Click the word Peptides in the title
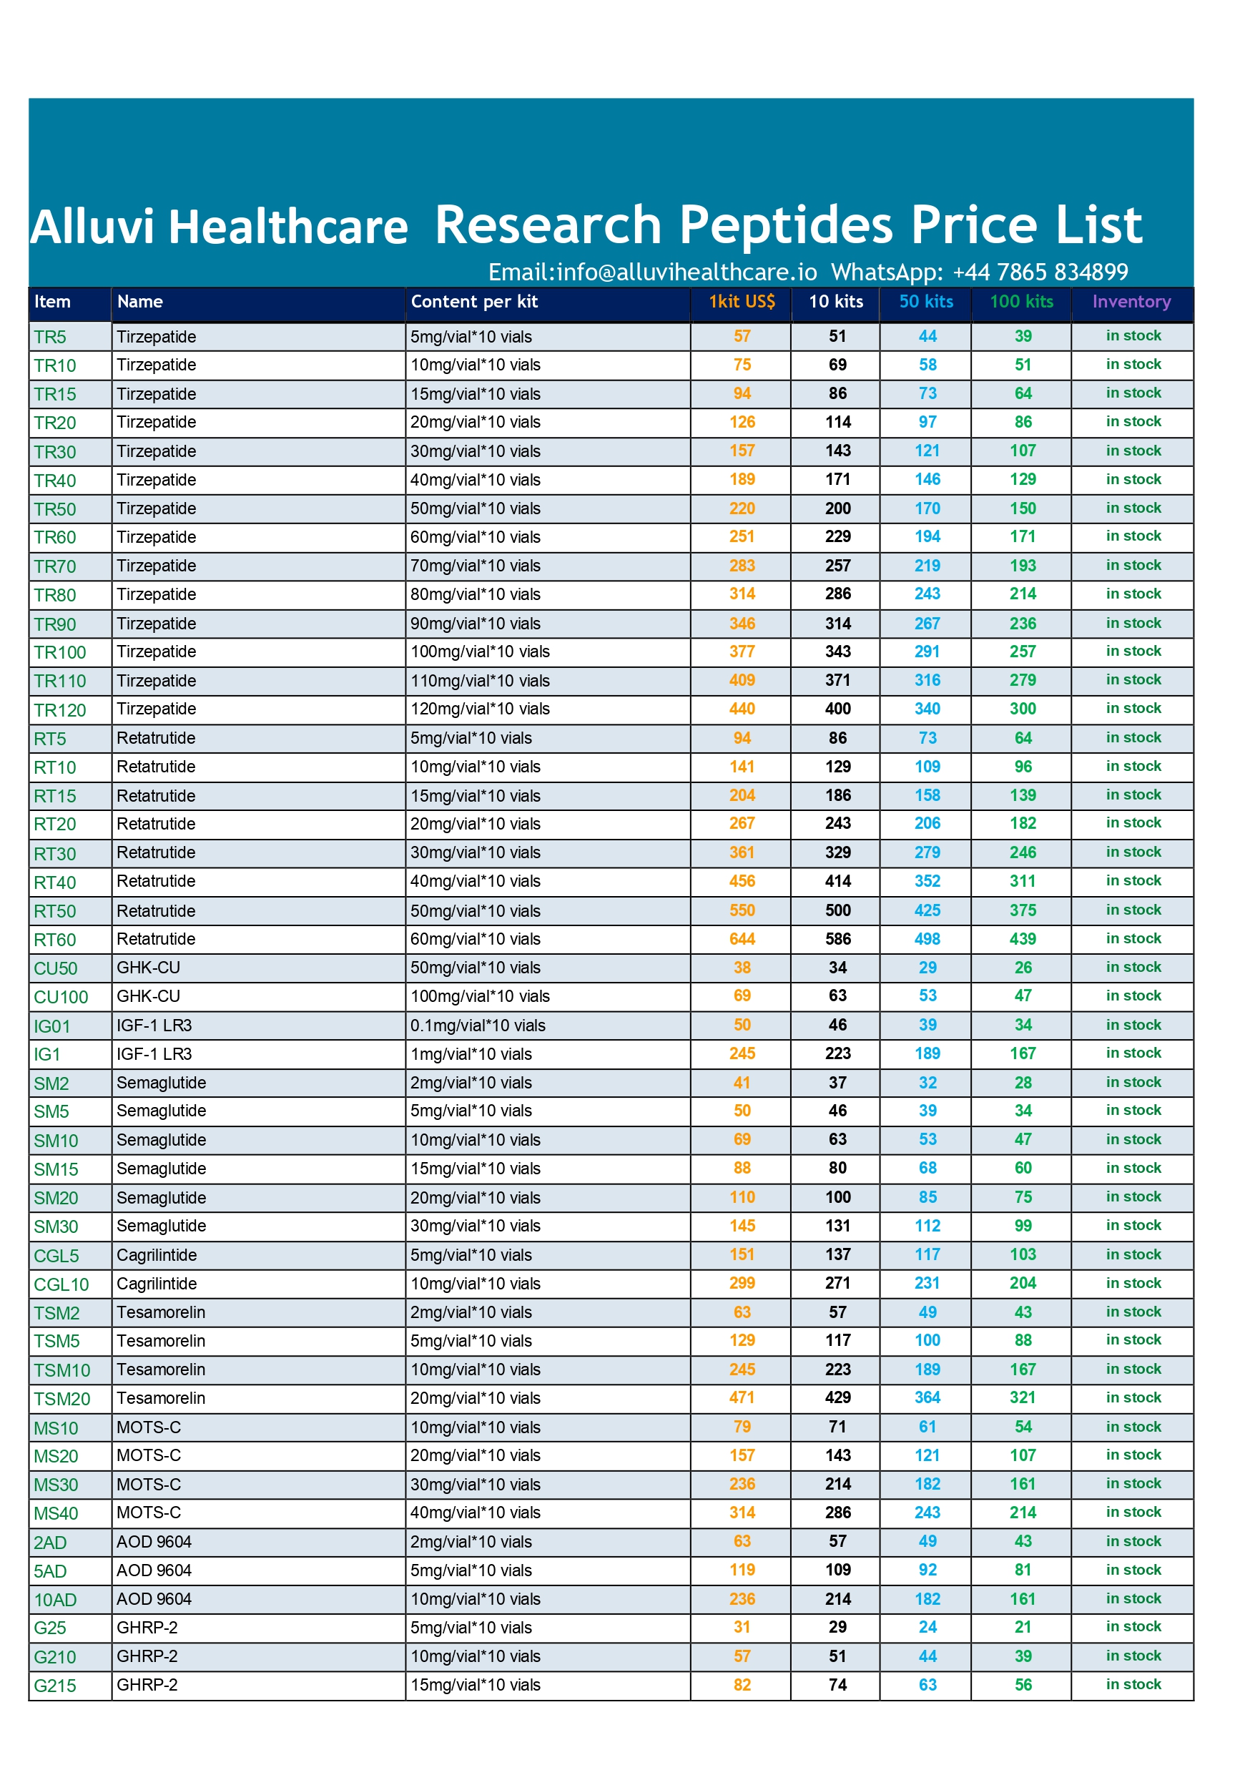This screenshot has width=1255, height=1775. [786, 226]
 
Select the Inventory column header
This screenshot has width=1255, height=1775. [1131, 302]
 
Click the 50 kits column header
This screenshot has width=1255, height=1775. [925, 302]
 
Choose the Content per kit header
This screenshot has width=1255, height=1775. [474, 302]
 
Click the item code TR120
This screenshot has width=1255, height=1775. [59, 709]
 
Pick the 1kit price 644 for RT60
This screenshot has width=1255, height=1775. [742, 939]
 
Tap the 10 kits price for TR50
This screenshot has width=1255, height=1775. [837, 508]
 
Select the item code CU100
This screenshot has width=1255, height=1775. [60, 998]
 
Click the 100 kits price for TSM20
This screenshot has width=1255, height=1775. [1023, 1397]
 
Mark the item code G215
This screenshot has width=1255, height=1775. [55, 1686]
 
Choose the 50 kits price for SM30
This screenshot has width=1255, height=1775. [927, 1226]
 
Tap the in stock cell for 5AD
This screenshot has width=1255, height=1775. [1133, 1570]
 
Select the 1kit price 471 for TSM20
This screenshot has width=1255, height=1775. [742, 1397]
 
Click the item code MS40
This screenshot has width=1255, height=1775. [56, 1514]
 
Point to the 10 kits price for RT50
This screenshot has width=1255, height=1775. [837, 910]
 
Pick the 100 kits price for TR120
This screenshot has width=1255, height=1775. [1023, 709]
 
